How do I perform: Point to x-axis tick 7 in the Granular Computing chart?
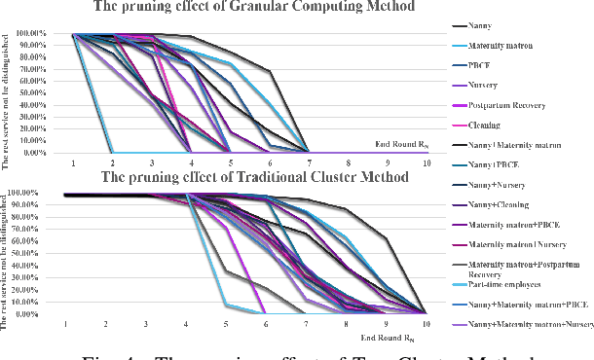click(309, 162)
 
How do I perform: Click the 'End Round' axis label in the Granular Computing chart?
click(400, 145)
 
